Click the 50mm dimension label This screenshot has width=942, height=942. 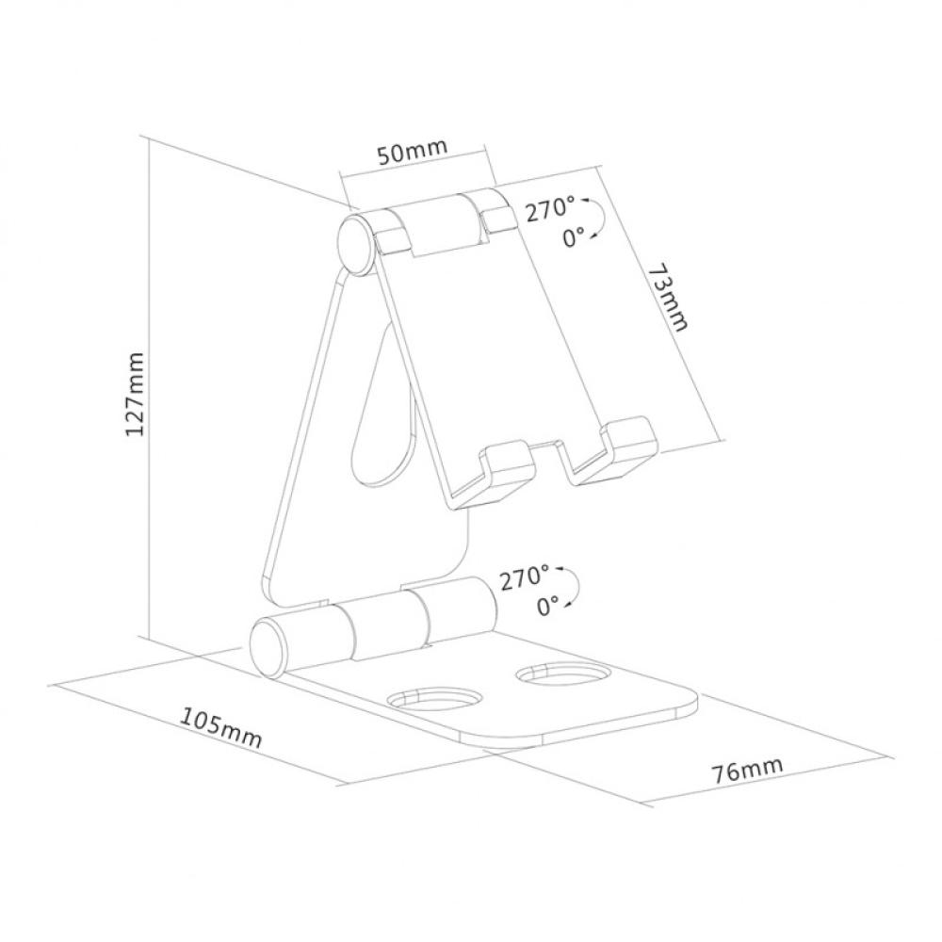coord(411,154)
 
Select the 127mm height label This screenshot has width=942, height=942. coord(136,393)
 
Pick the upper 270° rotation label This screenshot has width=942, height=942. coord(550,209)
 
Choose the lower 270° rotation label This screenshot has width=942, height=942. coord(525,578)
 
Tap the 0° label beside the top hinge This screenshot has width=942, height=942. coord(574,238)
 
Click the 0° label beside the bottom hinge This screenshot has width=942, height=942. coord(548,606)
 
